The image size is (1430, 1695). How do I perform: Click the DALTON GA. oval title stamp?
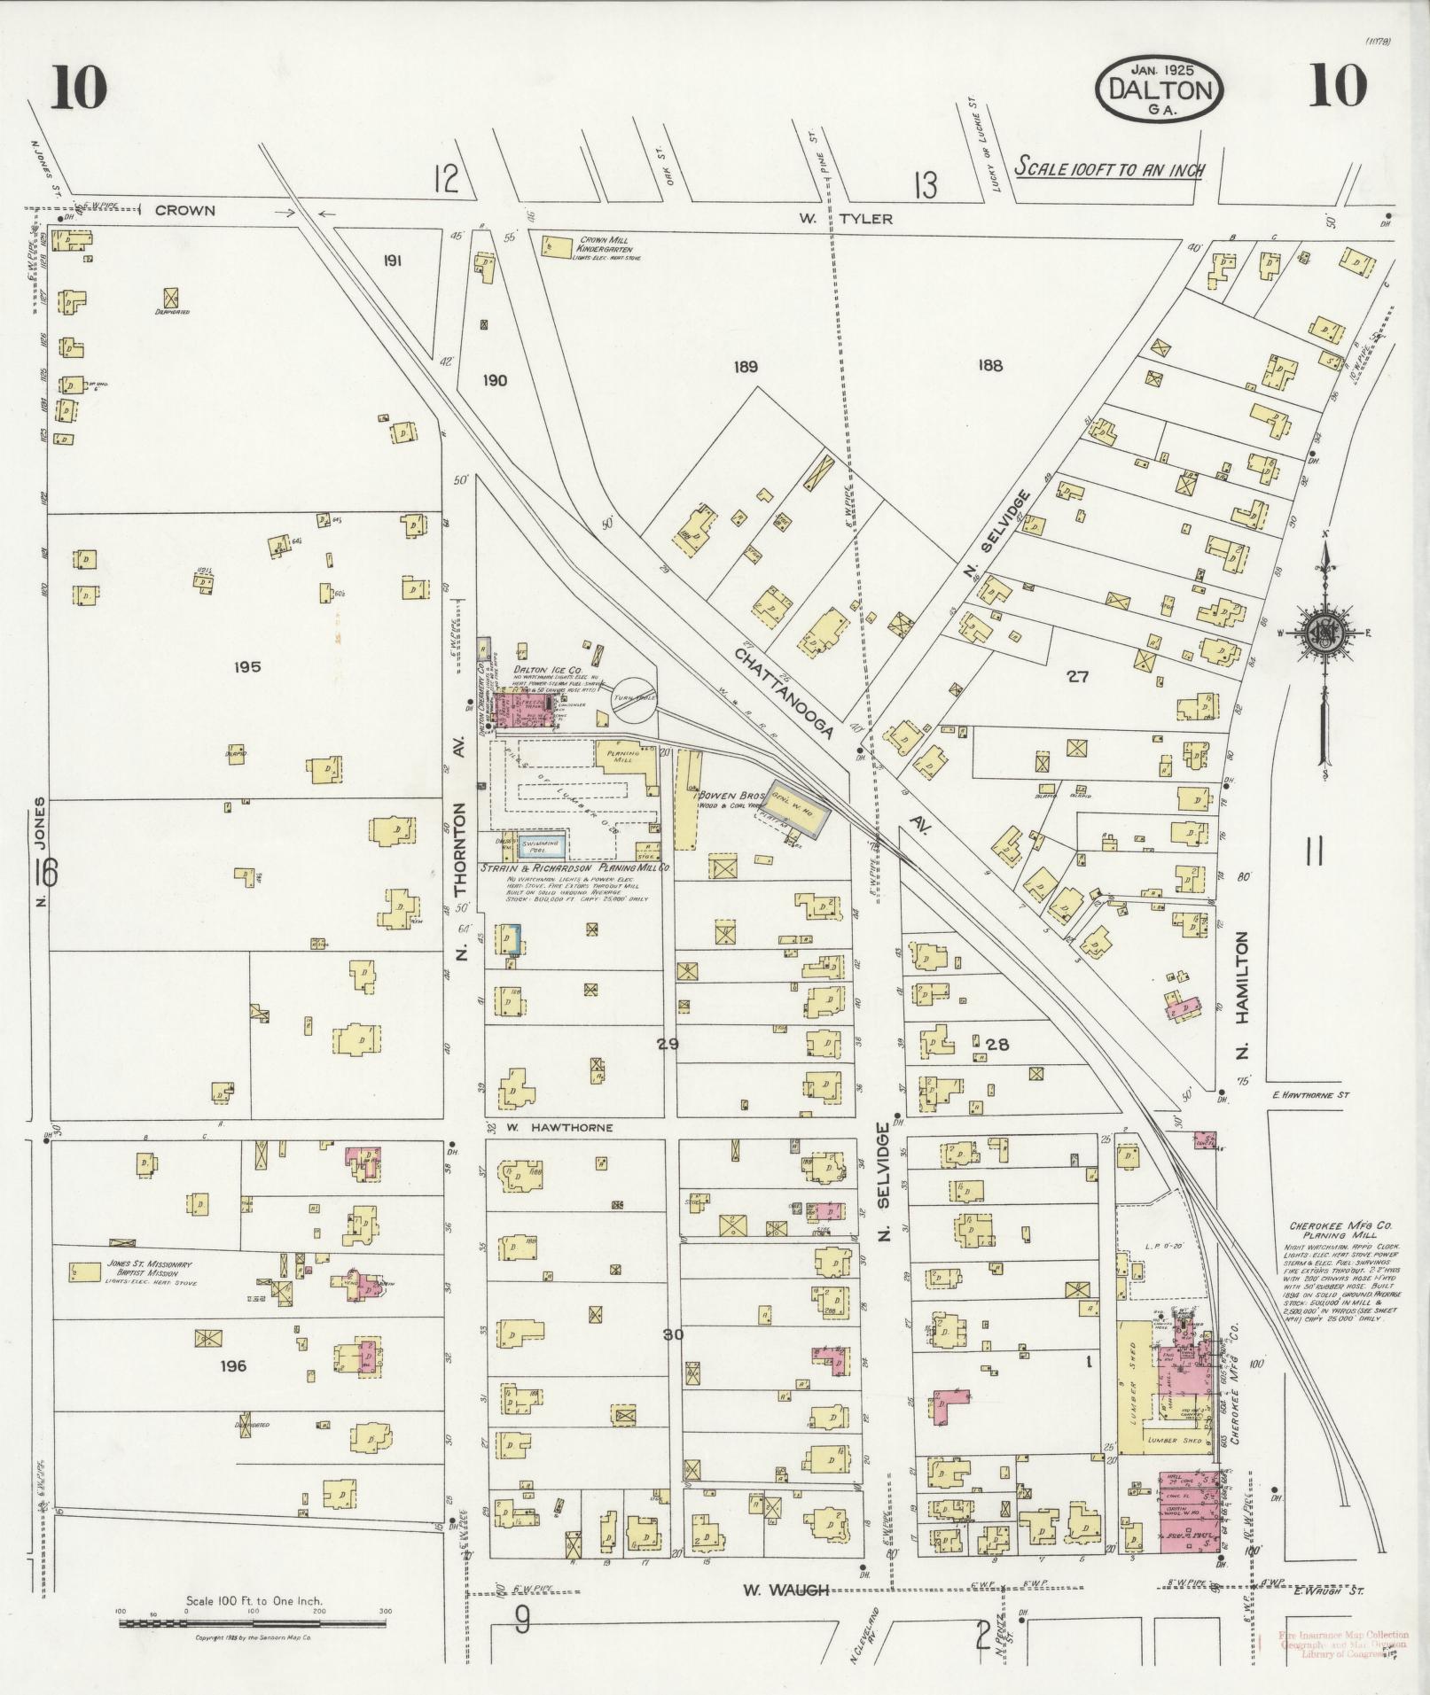click(x=1160, y=92)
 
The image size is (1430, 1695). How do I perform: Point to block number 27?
click(x=1077, y=677)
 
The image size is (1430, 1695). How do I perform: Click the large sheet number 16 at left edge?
click(x=44, y=873)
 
